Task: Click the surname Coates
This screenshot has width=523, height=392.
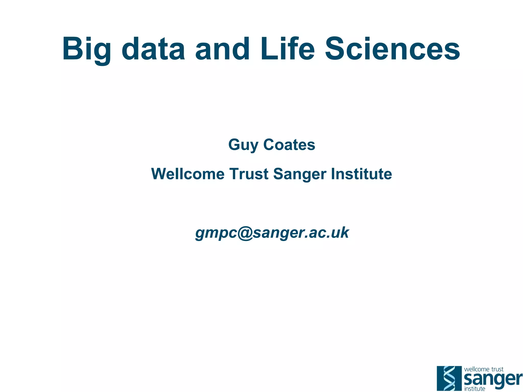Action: tap(289, 145)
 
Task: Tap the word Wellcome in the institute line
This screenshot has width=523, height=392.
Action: tap(188, 174)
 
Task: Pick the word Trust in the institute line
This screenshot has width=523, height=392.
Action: tap(249, 174)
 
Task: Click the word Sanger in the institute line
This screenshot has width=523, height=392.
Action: tap(300, 174)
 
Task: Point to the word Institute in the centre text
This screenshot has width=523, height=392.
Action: tap(361, 174)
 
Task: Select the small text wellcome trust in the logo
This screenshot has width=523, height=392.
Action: tap(483, 369)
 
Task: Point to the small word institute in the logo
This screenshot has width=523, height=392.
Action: tap(474, 389)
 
